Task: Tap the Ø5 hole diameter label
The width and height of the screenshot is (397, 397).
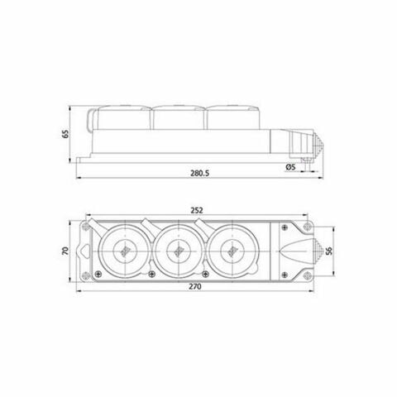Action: (289, 167)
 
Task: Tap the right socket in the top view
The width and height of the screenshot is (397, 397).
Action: (230, 248)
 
